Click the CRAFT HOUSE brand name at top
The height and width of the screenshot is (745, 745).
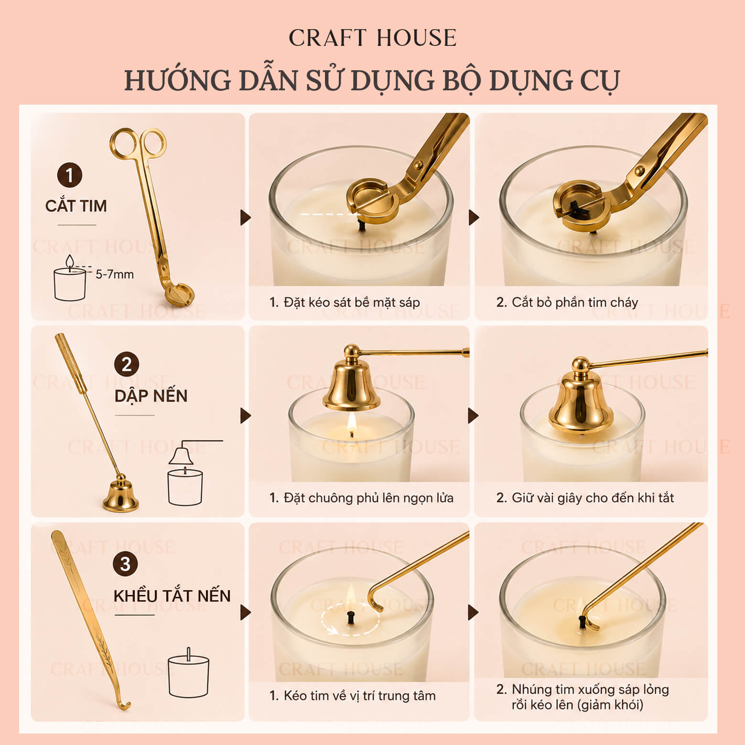(372, 38)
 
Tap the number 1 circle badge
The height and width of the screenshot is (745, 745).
(70, 176)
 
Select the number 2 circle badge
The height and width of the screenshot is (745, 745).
(126, 365)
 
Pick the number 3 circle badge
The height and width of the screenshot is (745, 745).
(125, 564)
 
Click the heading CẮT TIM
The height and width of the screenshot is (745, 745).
(76, 205)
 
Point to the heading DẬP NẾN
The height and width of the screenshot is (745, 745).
(151, 396)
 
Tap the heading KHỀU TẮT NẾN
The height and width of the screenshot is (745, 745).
(172, 595)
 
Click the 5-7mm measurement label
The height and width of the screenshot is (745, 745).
(115, 274)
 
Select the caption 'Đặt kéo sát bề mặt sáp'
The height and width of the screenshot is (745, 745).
(352, 302)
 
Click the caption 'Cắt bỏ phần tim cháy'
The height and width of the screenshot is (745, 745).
(575, 302)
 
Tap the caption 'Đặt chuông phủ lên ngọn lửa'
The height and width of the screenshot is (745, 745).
(368, 498)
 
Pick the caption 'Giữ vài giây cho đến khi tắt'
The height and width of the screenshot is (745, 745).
(593, 498)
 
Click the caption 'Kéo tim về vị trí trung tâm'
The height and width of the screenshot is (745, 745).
(359, 695)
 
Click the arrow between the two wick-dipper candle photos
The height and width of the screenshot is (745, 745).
(473, 612)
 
